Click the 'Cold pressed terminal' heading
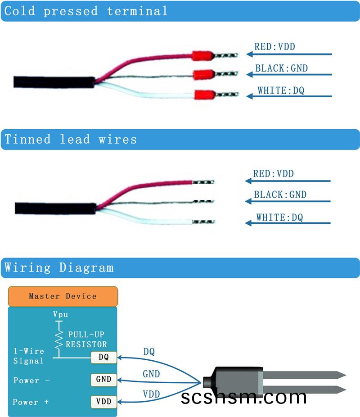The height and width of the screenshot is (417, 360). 86,11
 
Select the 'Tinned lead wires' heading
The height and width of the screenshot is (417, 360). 71,139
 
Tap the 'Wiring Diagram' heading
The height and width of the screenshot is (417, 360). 59,267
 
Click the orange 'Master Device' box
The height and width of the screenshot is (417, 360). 63,296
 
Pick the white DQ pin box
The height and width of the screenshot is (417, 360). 103,358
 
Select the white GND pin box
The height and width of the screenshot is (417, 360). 103,379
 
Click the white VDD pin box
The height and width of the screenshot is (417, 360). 103,401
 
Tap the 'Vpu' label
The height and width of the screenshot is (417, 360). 61,314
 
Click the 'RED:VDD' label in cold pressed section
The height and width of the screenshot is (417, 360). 274,46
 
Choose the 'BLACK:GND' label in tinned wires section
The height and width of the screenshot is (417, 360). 280,195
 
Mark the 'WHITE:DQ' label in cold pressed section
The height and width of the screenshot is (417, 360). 281,91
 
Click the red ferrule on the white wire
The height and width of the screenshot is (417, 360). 204,95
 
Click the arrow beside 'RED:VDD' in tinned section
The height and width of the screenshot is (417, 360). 288,181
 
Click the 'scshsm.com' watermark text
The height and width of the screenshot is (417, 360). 244,397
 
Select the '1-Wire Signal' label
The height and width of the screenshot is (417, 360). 29,356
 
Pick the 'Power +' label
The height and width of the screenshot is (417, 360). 31,402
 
